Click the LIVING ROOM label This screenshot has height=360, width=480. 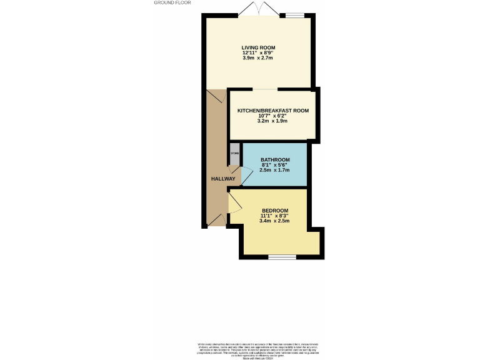(x=258, y=47)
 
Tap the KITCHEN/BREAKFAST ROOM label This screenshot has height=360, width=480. (x=273, y=111)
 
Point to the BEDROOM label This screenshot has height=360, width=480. (x=274, y=210)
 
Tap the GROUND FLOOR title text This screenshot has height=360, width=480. (x=172, y=3)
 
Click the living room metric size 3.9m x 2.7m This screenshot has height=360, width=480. (x=258, y=58)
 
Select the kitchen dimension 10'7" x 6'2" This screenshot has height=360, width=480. (x=273, y=116)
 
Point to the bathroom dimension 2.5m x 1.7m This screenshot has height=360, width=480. (x=274, y=170)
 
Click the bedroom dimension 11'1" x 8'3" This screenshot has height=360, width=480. (x=274, y=216)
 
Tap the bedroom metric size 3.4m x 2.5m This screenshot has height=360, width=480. (x=274, y=221)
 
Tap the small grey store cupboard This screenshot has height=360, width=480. (x=234, y=156)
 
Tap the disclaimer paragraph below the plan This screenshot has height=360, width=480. (x=258, y=349)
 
